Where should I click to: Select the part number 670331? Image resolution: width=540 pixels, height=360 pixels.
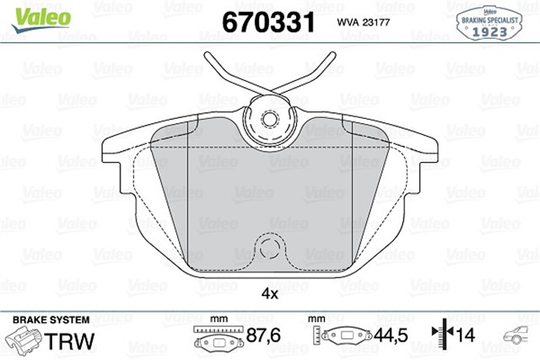pyautogui.click(x=267, y=20)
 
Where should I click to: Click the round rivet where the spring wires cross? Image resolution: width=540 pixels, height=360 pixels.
pyautogui.click(x=271, y=118)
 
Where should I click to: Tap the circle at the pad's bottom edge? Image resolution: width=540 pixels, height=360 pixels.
pyautogui.click(x=271, y=249)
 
